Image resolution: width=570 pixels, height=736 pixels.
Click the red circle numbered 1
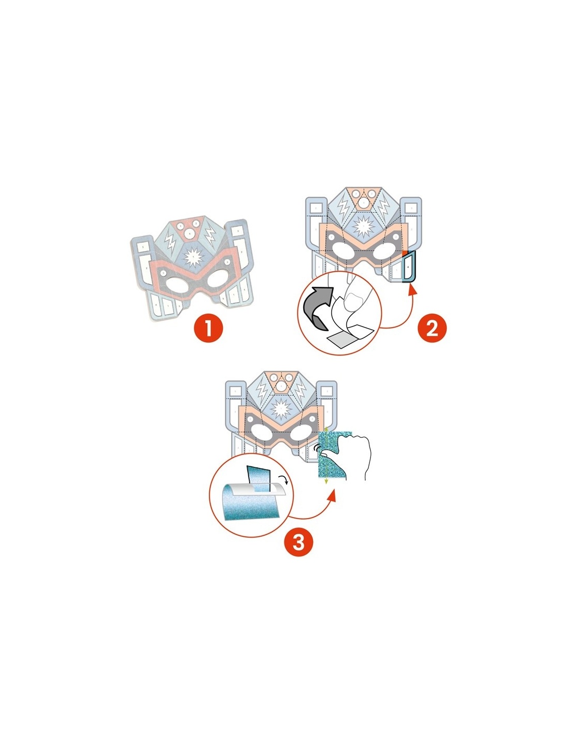(208, 328)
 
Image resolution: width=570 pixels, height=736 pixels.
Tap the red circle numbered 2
(432, 328)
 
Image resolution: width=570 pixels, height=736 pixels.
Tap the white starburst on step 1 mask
(193, 255)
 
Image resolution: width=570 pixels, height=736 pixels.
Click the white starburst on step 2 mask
(362, 226)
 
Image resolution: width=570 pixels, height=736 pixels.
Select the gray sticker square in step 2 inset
(345, 340)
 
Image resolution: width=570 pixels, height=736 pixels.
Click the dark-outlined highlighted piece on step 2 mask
(409, 267)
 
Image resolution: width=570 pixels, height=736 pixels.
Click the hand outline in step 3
(358, 455)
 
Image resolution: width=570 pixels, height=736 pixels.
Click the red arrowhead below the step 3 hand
(332, 495)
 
